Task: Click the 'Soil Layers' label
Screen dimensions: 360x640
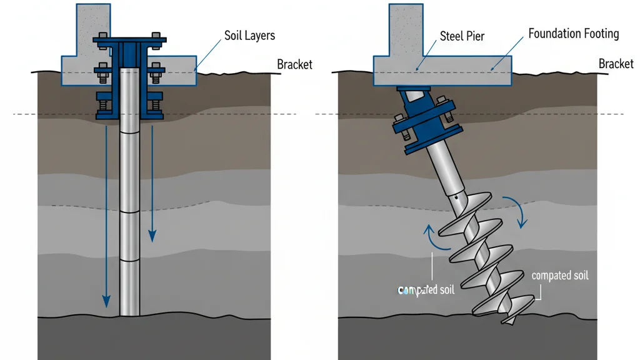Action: pos(249,36)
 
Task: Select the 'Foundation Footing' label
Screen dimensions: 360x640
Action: pos(573,34)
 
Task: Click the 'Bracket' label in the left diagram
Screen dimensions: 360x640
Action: pos(294,64)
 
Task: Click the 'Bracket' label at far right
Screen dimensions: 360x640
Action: pos(616,64)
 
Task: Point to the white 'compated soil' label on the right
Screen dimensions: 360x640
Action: pos(559,276)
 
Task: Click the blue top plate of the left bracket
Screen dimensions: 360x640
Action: pos(130,41)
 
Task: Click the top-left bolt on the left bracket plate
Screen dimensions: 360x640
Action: pos(101,35)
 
